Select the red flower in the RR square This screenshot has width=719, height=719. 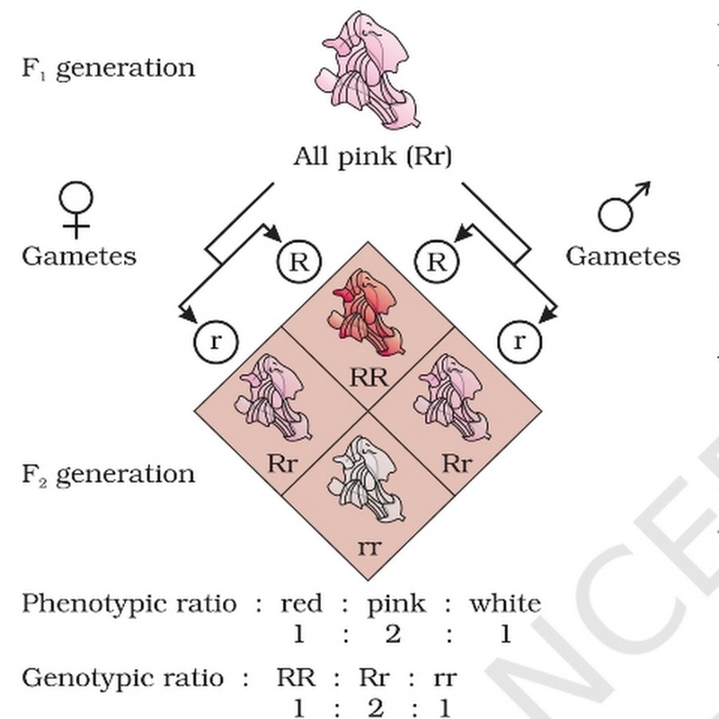(x=367, y=312)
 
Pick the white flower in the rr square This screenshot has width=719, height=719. (x=367, y=479)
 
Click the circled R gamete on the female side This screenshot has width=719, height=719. (x=300, y=262)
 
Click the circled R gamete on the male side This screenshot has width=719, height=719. (x=436, y=262)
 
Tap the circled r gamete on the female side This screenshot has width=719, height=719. (x=216, y=342)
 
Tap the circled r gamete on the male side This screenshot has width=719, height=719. (x=519, y=342)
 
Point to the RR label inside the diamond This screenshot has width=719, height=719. (x=368, y=378)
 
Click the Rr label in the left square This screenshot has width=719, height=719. (x=282, y=463)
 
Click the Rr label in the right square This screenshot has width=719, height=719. (x=457, y=463)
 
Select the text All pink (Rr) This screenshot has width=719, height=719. (x=372, y=157)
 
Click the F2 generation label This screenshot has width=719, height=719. (x=109, y=475)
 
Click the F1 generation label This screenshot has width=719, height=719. (x=109, y=69)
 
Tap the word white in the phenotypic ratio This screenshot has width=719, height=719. (x=506, y=603)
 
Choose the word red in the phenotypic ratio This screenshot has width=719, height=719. (x=301, y=603)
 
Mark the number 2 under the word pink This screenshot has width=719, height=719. (x=393, y=634)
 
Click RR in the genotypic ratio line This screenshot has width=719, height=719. (x=296, y=677)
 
